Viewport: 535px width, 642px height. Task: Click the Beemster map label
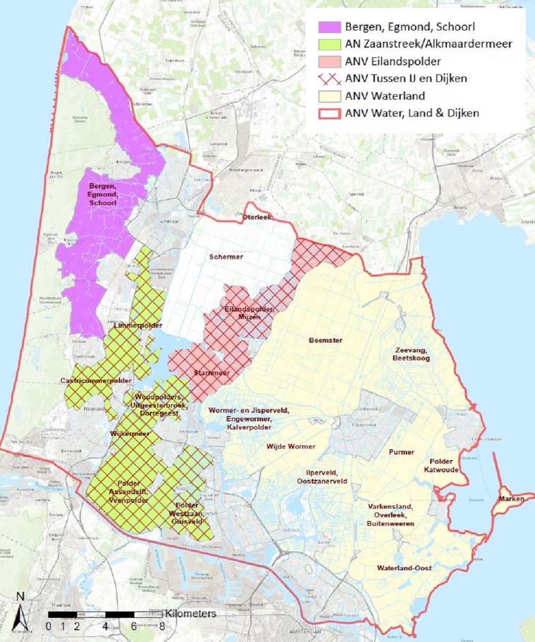coord(325,340)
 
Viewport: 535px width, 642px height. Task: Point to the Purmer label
coord(401,452)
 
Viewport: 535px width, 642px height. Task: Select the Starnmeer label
coord(211,373)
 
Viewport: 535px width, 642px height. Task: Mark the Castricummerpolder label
coord(96,381)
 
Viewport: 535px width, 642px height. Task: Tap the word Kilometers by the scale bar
coord(190,613)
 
